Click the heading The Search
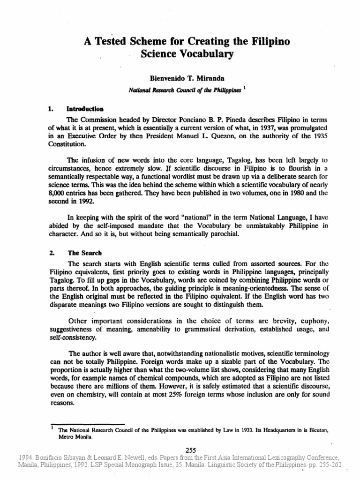click(x=84, y=253)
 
